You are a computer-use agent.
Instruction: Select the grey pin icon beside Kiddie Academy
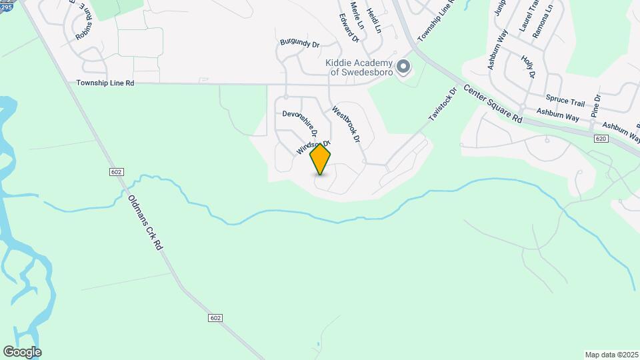403,67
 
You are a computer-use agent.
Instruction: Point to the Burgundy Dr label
300,44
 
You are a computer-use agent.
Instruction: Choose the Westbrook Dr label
346,125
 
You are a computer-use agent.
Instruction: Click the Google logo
22,351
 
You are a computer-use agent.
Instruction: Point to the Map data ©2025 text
611,355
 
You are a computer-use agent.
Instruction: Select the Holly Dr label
529,67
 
